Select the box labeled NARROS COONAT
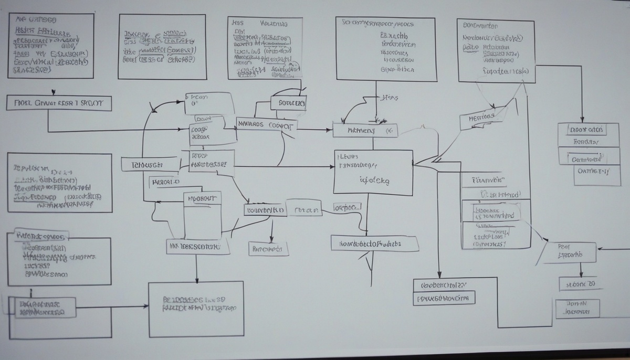(267, 125)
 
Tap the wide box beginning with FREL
(59, 103)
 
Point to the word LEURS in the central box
(348, 156)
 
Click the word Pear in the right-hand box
(564, 246)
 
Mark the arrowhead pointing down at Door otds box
(581, 119)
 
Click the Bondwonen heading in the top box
(480, 25)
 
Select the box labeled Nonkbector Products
(374, 243)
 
